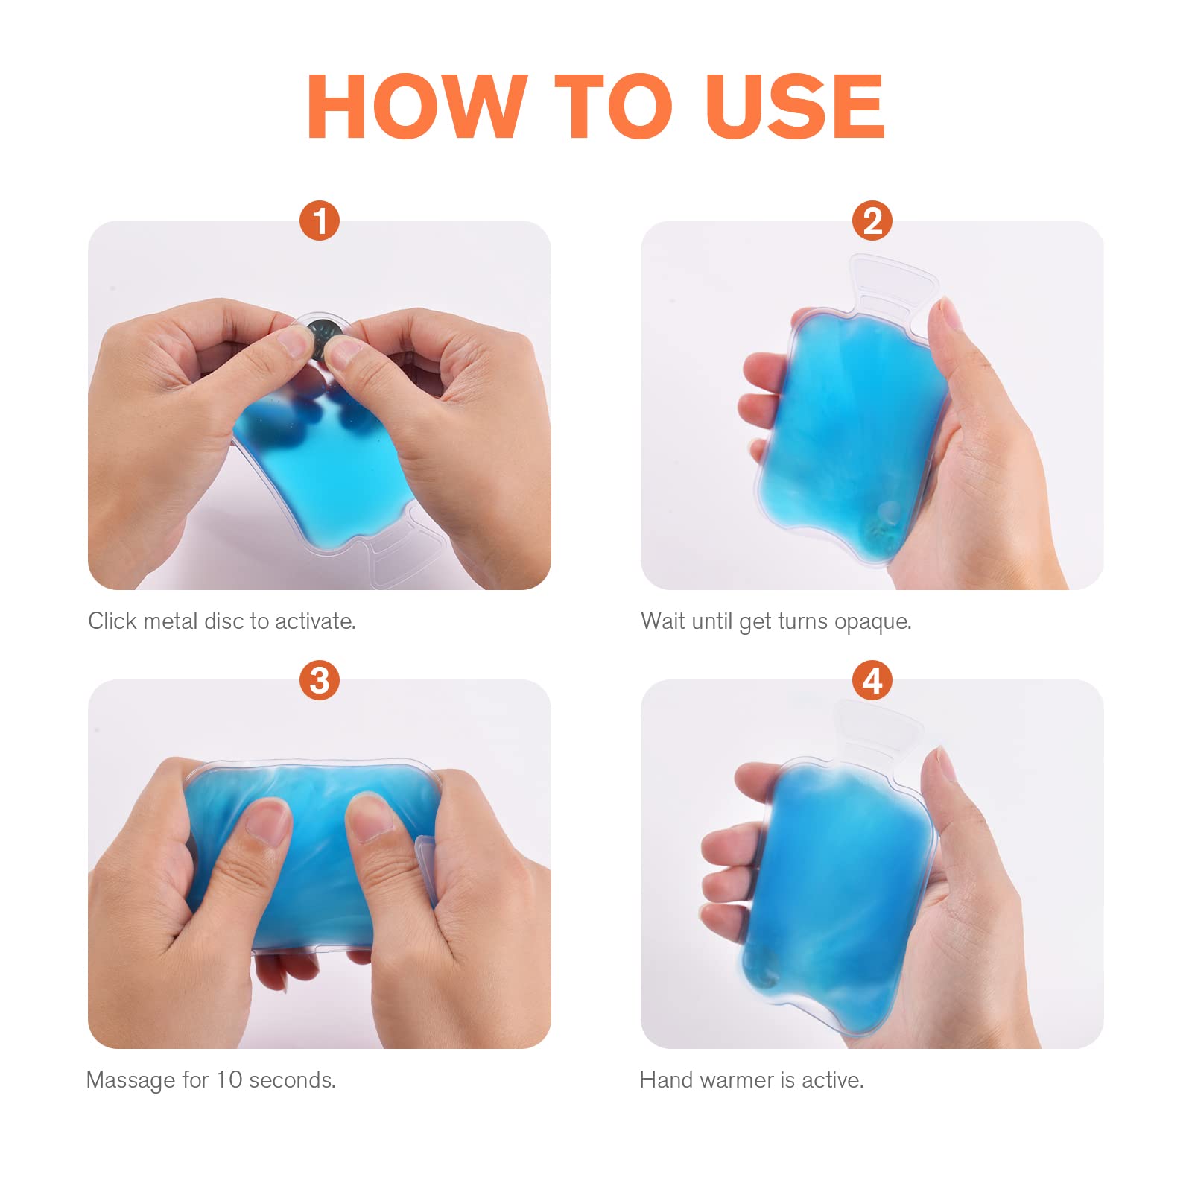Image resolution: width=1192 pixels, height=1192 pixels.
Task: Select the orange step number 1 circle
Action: pos(320,221)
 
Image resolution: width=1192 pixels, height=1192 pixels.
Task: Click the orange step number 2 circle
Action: pos(872,221)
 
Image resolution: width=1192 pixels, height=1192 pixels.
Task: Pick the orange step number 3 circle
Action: pos(320,680)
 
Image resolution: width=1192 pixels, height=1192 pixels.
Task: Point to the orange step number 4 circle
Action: pos(872,680)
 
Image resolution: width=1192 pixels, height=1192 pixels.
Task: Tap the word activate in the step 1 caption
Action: pos(315,621)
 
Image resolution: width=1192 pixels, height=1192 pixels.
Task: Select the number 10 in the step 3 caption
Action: pos(229,1080)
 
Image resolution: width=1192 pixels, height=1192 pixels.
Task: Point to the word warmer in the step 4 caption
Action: pos(737,1080)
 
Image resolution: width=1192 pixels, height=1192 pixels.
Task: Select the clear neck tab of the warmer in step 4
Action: pos(877,731)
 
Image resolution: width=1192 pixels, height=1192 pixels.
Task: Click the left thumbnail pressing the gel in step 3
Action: pos(266,820)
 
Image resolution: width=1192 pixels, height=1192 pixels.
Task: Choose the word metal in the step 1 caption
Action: pos(170,621)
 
